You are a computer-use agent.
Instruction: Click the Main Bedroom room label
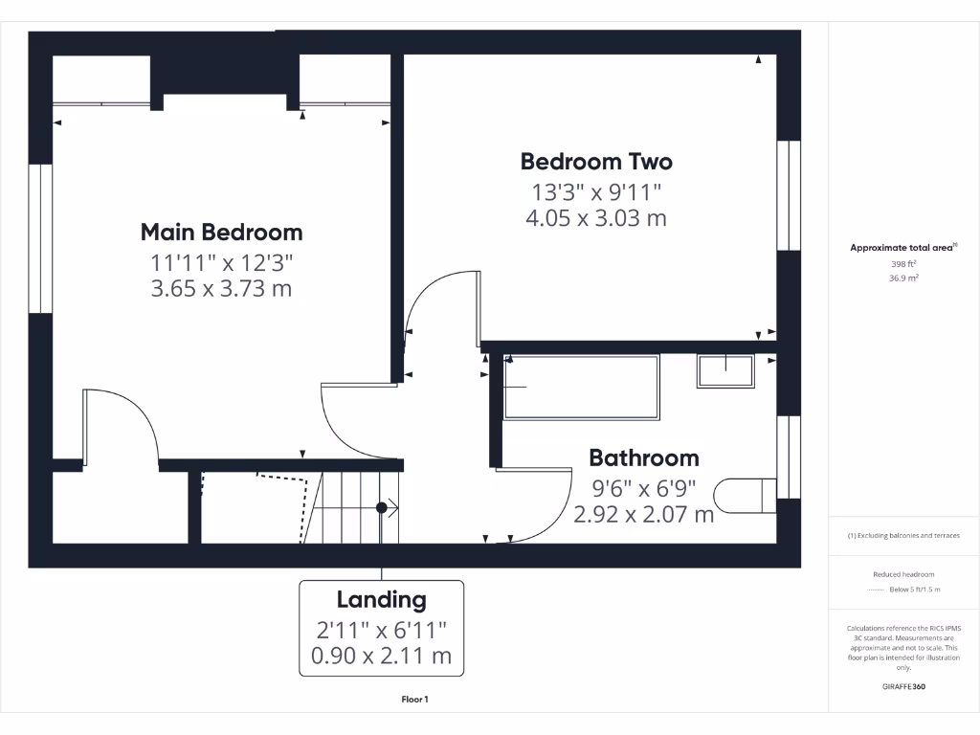click(221, 232)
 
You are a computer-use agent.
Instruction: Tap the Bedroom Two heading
click(596, 161)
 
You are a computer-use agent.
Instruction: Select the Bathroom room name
click(643, 457)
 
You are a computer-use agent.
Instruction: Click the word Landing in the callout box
click(381, 600)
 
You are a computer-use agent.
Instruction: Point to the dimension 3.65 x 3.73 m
click(221, 288)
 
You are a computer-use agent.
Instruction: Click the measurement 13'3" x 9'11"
click(596, 190)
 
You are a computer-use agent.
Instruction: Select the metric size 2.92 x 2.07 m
click(643, 514)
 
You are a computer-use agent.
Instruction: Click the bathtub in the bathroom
click(581, 387)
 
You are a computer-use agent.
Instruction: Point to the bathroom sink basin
click(724, 370)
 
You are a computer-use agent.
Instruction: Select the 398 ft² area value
click(903, 263)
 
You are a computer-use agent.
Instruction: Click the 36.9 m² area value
click(903, 278)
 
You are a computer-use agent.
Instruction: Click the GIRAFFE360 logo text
click(903, 686)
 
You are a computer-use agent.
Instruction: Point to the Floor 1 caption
click(414, 700)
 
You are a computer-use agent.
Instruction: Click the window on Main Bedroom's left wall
click(39, 238)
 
